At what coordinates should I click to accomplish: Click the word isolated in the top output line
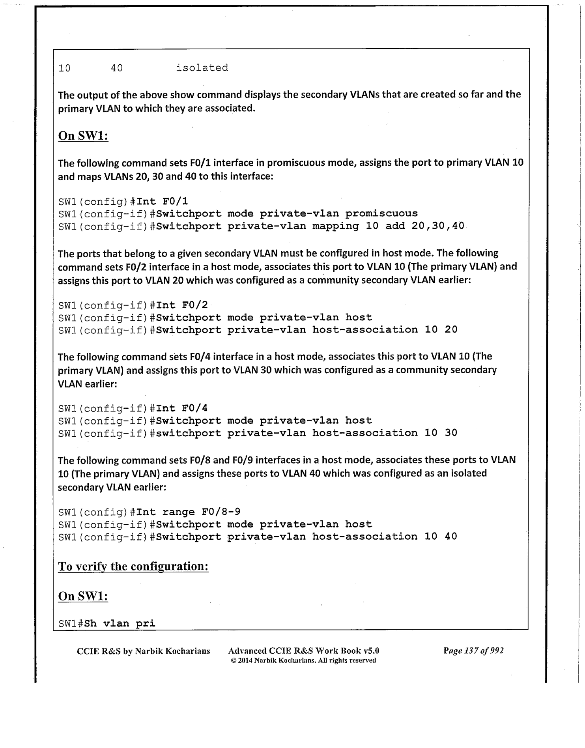[202, 68]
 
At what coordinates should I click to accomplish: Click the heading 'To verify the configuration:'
[133, 567]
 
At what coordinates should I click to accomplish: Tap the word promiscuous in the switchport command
[381, 214]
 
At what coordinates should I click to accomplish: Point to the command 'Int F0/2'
[182, 305]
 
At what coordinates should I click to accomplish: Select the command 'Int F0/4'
[182, 408]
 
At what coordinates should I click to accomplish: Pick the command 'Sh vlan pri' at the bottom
[120, 624]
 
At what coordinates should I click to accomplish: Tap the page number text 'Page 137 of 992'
[473, 651]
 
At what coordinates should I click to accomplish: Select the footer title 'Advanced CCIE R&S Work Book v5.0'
[304, 651]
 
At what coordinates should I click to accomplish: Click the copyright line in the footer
[303, 660]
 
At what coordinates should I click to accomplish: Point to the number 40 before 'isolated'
[117, 68]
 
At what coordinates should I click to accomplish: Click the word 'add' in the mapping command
[395, 226]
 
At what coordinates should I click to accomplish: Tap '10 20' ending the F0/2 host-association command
[441, 330]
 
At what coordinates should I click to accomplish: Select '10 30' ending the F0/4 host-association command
[441, 433]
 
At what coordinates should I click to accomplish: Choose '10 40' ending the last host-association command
[441, 537]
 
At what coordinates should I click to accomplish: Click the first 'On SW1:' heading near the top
[83, 136]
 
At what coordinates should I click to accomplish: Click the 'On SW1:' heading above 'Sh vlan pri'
[83, 596]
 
